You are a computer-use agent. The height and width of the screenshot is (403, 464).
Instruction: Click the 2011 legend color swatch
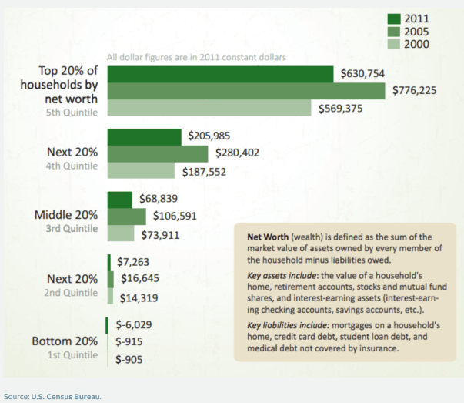[x=395, y=18]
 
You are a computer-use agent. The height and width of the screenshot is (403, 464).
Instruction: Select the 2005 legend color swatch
[x=395, y=32]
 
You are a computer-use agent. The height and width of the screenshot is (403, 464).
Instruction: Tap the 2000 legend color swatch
[x=395, y=45]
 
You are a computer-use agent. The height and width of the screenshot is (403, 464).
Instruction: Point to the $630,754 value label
[x=365, y=73]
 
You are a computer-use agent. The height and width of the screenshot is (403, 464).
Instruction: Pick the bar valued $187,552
[x=142, y=170]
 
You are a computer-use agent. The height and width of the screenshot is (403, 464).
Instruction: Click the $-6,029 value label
[x=135, y=324]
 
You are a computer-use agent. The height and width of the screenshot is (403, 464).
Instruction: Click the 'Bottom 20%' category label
[x=65, y=341]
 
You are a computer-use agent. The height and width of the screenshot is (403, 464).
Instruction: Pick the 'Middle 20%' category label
[x=66, y=214]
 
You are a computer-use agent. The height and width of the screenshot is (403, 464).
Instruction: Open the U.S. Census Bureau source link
[x=66, y=396]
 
